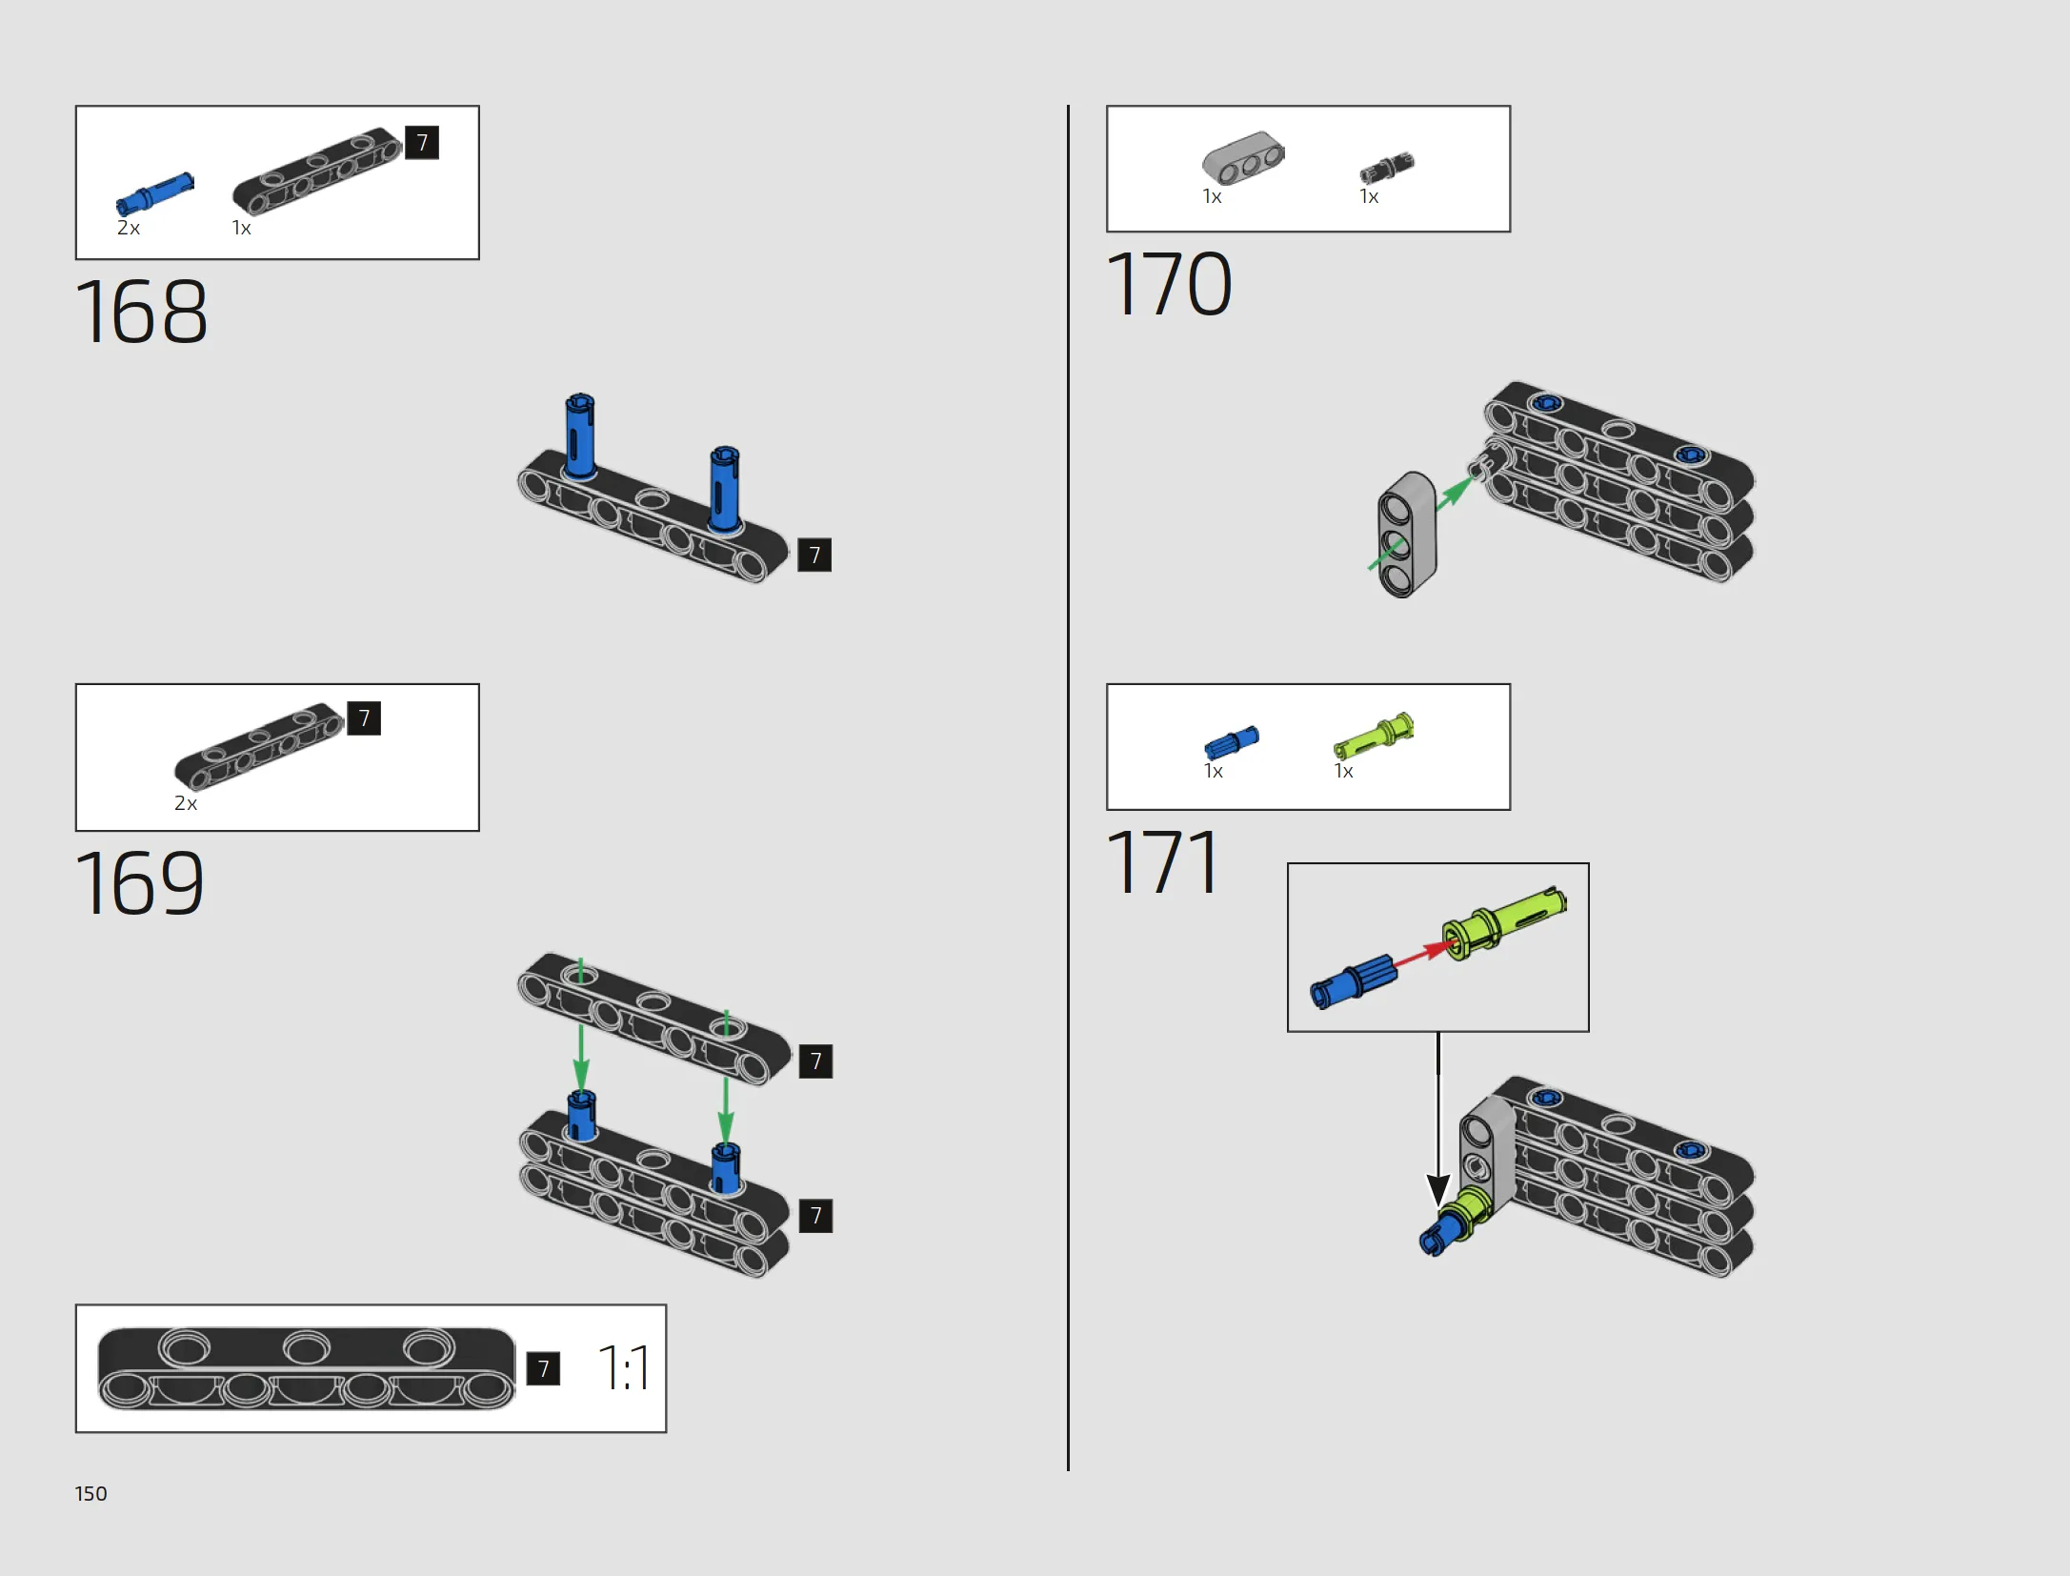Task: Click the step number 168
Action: [141, 312]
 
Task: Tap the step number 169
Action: [140, 882]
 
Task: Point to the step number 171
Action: [1163, 861]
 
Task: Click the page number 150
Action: [90, 1493]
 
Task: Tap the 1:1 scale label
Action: [624, 1368]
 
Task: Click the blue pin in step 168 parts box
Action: [154, 193]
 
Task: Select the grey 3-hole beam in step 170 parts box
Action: [1243, 158]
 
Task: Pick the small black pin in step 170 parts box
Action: [1387, 168]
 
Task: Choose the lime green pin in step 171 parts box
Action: [1374, 735]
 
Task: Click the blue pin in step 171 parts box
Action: [1232, 742]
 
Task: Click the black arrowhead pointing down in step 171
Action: [1438, 1190]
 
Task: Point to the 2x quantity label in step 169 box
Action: [186, 803]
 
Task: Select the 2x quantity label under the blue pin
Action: [129, 228]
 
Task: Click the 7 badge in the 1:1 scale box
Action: [543, 1369]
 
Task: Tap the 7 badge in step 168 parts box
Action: [422, 143]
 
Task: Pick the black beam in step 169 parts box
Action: [258, 747]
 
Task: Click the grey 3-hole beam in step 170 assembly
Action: [1407, 535]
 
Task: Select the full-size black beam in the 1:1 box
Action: [307, 1369]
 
